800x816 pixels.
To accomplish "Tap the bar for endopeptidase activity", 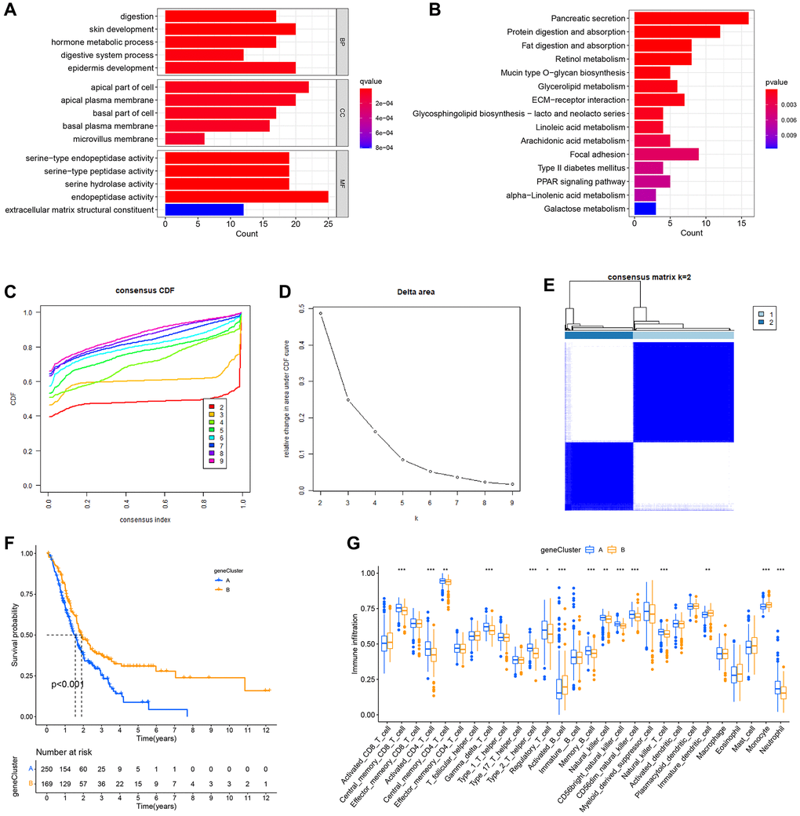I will click(x=246, y=197).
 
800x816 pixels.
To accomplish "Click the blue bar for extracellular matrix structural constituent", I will click(x=204, y=210).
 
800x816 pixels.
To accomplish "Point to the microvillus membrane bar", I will click(x=184, y=139).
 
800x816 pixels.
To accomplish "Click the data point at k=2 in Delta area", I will click(x=321, y=313).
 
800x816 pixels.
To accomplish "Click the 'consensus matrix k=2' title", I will click(x=649, y=277).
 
